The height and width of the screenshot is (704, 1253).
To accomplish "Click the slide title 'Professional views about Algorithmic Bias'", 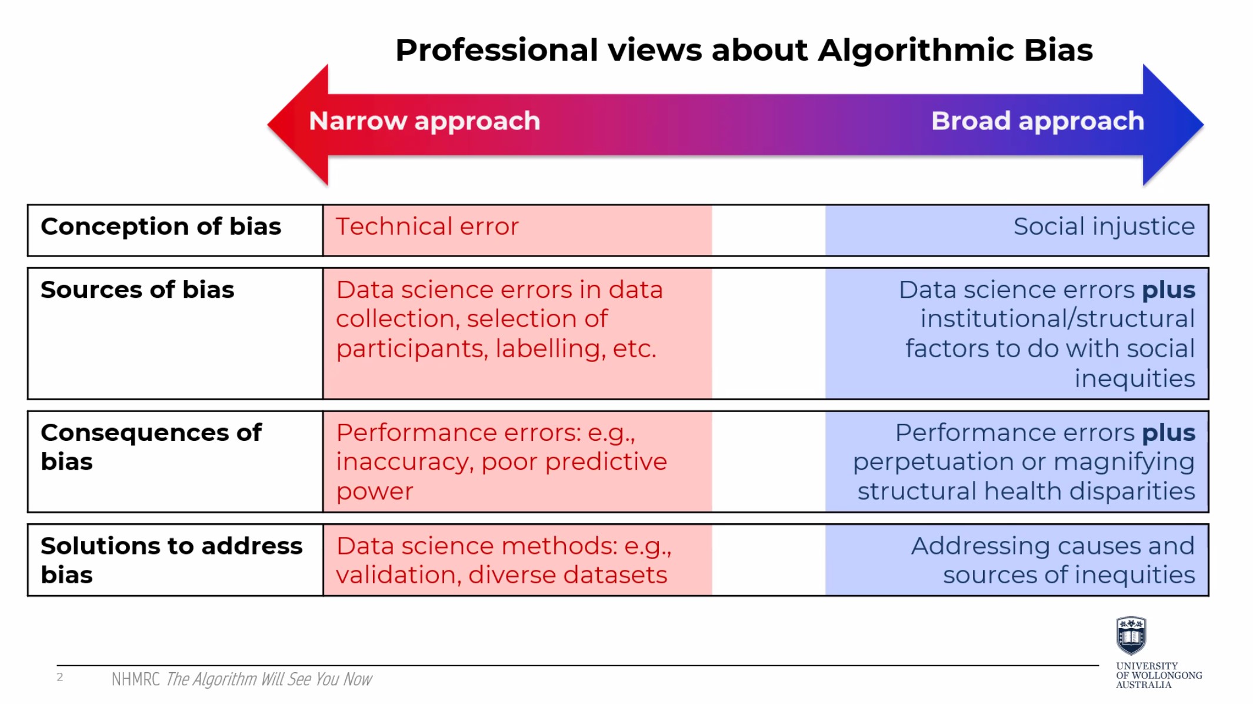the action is (744, 51).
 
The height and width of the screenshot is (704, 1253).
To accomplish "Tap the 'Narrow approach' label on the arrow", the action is (424, 121).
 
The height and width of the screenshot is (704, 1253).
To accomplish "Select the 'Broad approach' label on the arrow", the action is (1038, 121).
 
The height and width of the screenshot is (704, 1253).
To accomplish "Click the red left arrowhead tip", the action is (268, 124).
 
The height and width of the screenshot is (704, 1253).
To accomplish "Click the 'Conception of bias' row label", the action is (161, 227).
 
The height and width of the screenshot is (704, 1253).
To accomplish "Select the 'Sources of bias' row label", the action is (137, 290).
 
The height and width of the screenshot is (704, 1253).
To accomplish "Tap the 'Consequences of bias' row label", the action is (151, 447).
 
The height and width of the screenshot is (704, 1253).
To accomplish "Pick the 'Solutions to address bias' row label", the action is (171, 560).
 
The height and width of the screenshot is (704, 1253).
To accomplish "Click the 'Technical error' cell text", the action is (427, 227).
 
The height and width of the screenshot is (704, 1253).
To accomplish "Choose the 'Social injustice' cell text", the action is (1104, 227).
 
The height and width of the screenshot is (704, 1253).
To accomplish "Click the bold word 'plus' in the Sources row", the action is (1168, 290).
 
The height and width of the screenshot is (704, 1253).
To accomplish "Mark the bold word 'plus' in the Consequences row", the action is (1168, 433).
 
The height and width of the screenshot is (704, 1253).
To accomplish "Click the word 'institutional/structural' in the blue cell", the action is (1058, 319).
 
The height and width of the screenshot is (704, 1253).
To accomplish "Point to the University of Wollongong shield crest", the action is (1131, 636).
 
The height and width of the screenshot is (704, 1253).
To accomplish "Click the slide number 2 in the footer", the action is (59, 677).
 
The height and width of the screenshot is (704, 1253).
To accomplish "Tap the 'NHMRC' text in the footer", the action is (135, 679).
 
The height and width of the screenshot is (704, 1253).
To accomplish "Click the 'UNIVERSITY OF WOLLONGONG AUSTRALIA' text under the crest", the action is (1159, 675).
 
